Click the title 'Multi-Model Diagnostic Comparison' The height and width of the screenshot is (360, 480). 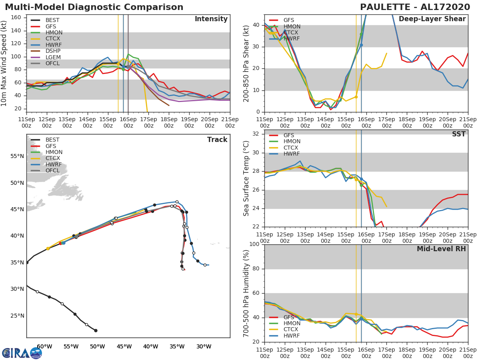pos(94,7)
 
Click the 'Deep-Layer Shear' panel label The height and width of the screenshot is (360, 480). pos(432,19)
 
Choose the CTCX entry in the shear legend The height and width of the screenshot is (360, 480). pos(292,33)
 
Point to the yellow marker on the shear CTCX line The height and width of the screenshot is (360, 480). pos(356,97)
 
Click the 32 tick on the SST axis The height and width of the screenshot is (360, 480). pos(256,134)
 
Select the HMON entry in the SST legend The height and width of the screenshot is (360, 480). pos(292,142)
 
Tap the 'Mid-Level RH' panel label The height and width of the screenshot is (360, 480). pos(441,249)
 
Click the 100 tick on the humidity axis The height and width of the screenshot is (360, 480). pos(254,244)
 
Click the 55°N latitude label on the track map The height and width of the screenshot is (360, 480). pos(17,156)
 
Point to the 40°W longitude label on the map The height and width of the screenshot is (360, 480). pos(150,346)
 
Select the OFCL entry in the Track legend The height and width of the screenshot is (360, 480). pos(52,170)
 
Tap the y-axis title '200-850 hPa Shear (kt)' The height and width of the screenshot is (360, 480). pos(247,63)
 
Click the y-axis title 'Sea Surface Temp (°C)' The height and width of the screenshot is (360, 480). pos(247,178)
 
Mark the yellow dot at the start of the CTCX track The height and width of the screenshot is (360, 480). pos(48,248)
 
